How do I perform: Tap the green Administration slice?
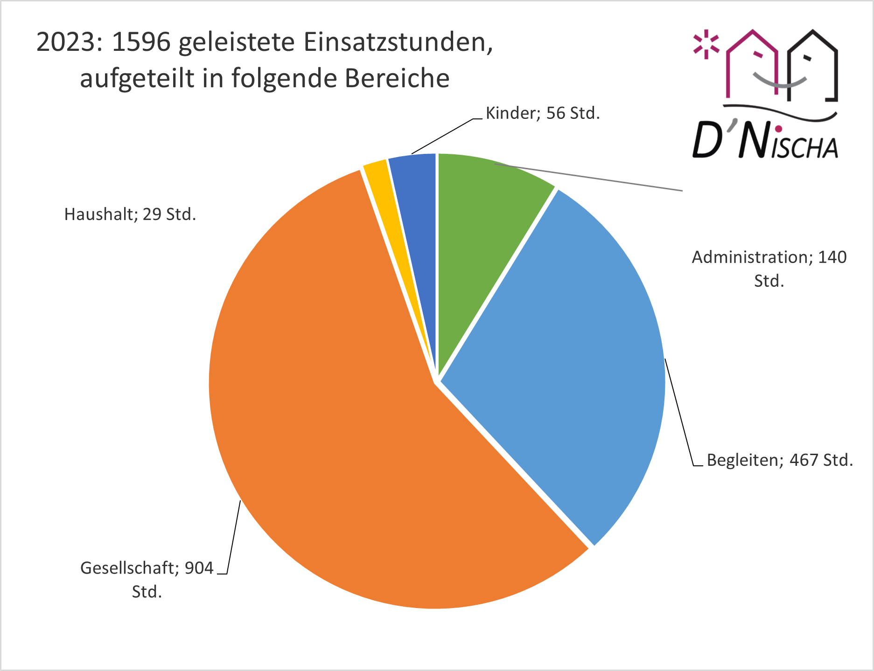pyautogui.click(x=481, y=233)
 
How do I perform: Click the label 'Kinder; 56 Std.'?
pyautogui.click(x=543, y=113)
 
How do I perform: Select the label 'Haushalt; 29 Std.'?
pyautogui.click(x=130, y=214)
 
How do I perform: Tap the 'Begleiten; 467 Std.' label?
pyautogui.click(x=780, y=460)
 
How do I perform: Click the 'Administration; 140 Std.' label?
pyautogui.click(x=769, y=269)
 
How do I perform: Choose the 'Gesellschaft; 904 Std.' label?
pyautogui.click(x=147, y=580)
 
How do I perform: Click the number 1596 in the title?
pyautogui.click(x=141, y=42)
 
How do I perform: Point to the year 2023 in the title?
pyautogui.click(x=65, y=42)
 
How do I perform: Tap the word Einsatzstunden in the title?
pyautogui.click(x=398, y=42)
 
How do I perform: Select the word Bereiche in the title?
pyautogui.click(x=397, y=78)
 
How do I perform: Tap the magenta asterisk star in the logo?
pyautogui.click(x=706, y=45)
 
